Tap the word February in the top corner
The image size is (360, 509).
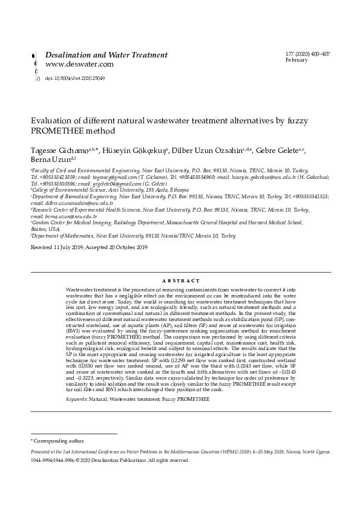(296, 61)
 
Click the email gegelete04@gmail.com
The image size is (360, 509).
(121, 183)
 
